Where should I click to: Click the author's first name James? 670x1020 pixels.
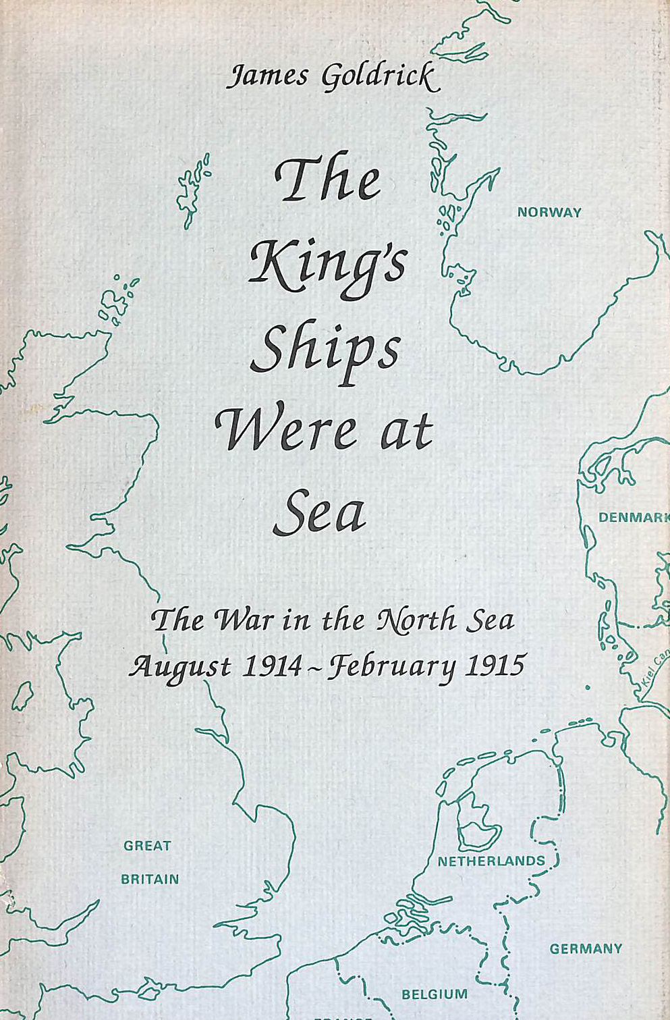point(268,76)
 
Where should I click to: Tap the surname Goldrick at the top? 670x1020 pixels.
point(381,78)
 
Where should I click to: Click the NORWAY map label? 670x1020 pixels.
point(549,213)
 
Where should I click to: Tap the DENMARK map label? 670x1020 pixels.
point(633,518)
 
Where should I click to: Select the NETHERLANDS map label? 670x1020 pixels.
point(491,861)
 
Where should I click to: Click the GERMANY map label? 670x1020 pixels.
point(586,949)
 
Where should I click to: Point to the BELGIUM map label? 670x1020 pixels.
point(435,994)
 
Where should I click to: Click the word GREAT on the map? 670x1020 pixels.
point(147,846)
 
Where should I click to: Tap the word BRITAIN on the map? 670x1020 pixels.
point(150,880)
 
